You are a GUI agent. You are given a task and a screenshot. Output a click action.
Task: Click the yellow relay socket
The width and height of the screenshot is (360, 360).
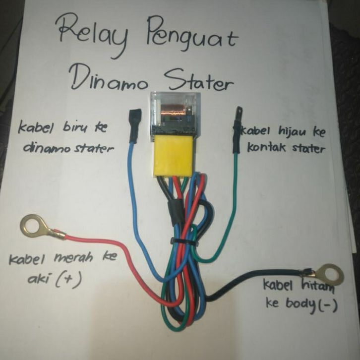172,155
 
